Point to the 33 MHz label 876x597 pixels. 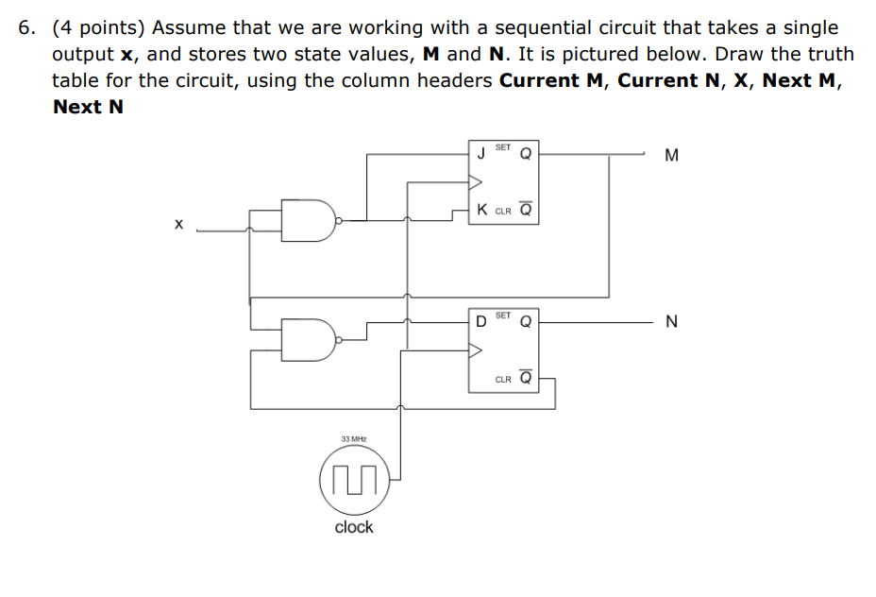pos(354,439)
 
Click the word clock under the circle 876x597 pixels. pos(354,527)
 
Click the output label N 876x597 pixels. pos(671,323)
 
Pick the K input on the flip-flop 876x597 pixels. pos(482,209)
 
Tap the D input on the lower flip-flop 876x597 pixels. pos(481,321)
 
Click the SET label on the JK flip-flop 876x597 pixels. pos(503,147)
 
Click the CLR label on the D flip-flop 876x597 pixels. pos(503,380)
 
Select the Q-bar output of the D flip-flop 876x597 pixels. pos(526,378)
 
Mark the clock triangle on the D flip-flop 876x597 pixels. pos(477,350)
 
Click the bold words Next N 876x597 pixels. pos(88,106)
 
